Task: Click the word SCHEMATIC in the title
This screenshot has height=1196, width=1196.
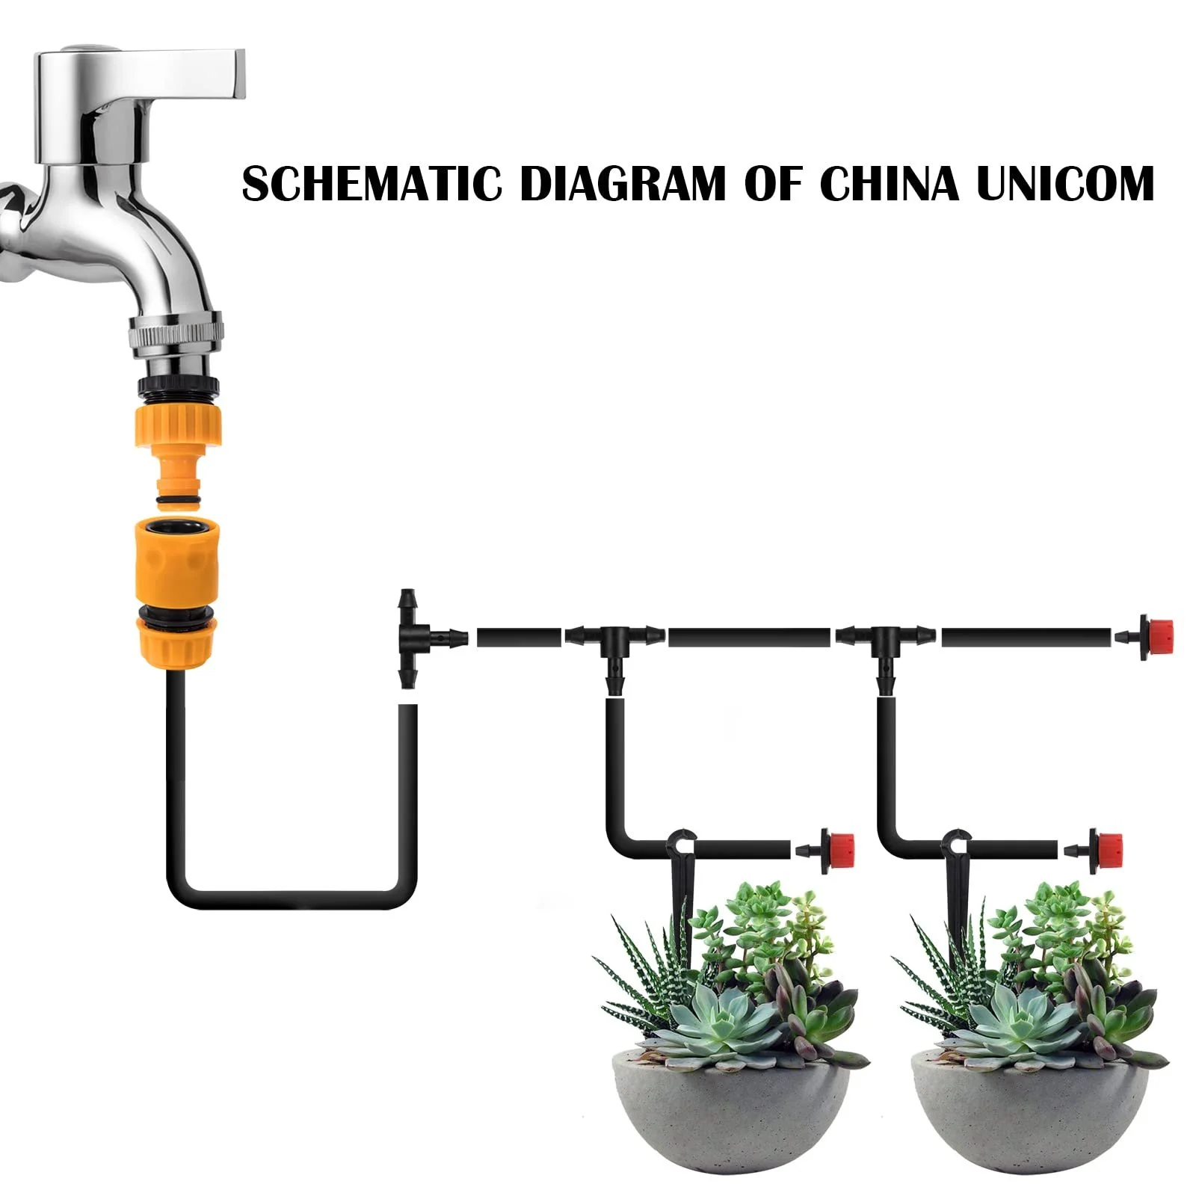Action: click(x=372, y=184)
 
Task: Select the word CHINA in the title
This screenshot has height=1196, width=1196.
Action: click(x=890, y=184)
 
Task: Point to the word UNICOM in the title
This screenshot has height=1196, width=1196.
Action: click(x=1066, y=184)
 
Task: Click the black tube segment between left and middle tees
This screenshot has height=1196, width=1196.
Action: click(x=519, y=637)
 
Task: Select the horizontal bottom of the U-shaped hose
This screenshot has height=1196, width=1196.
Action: click(x=292, y=898)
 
